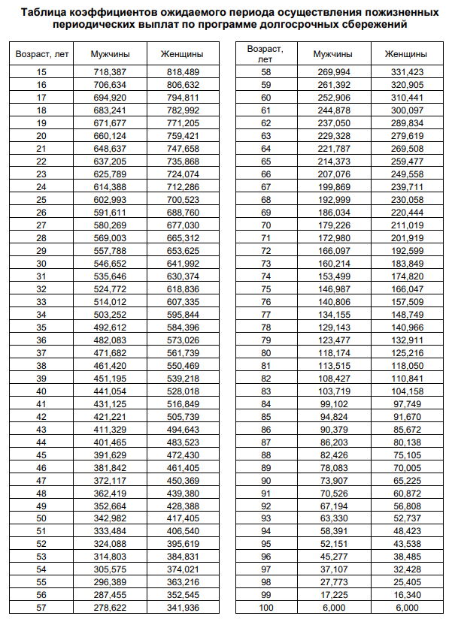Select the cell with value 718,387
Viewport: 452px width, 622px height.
pos(110,71)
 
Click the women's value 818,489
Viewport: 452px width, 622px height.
pos(183,71)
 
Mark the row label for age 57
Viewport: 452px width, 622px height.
pos(41,608)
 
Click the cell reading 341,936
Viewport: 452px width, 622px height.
pos(183,608)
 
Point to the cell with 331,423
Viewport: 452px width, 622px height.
pos(407,72)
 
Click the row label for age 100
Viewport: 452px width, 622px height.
pos(265,608)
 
